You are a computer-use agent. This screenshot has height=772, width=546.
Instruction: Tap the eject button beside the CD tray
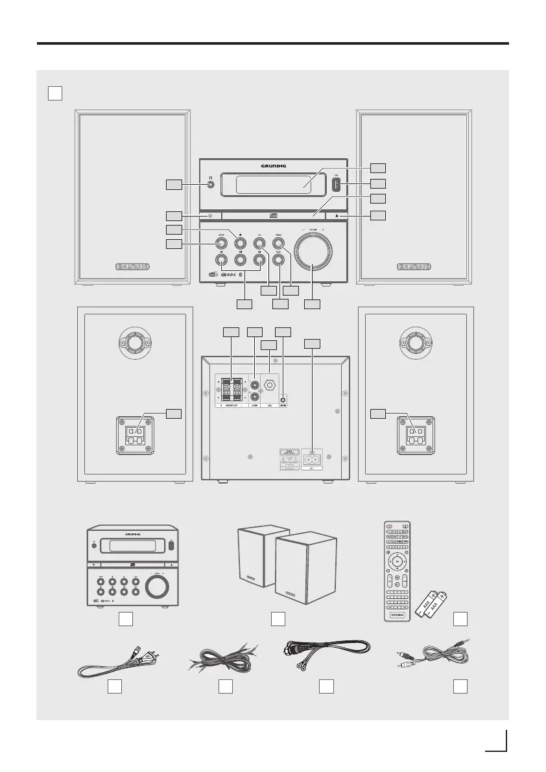[x=338, y=215]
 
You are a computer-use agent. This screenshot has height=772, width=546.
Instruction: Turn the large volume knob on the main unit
[x=314, y=251]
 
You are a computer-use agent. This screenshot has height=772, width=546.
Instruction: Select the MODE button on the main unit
[x=221, y=243]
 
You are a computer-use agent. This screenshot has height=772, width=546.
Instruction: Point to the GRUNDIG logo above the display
[x=272, y=165]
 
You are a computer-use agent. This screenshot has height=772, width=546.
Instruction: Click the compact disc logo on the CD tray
[x=272, y=215]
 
